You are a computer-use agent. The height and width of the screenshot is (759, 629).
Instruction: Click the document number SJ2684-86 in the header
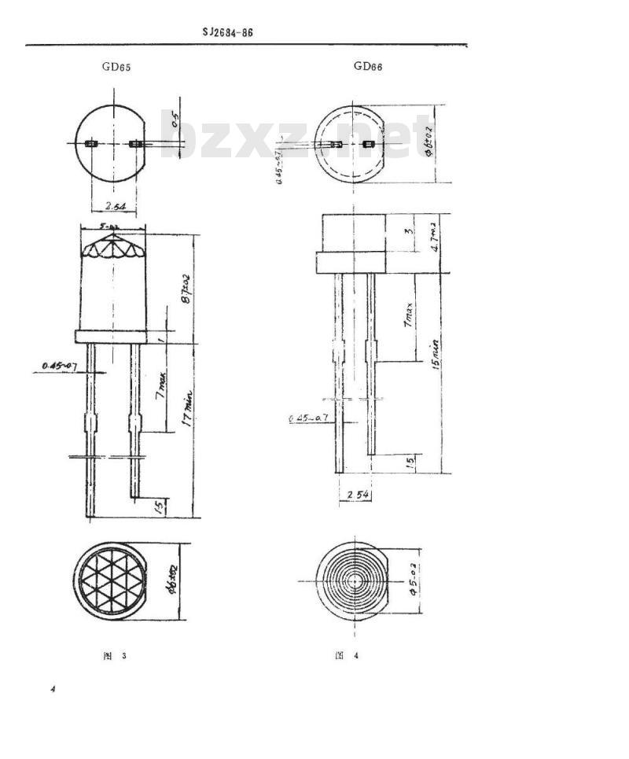click(227, 32)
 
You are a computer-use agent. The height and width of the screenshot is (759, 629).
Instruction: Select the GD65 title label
click(116, 67)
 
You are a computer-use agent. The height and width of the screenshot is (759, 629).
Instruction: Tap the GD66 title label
click(368, 66)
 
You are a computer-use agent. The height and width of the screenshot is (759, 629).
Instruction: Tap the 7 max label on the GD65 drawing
click(160, 387)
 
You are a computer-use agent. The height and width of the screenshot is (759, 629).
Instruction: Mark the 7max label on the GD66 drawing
click(410, 317)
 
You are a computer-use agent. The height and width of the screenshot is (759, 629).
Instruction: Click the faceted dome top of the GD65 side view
click(113, 246)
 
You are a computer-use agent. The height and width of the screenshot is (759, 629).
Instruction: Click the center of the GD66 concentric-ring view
click(355, 581)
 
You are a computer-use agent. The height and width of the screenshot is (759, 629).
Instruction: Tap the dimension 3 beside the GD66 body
click(409, 232)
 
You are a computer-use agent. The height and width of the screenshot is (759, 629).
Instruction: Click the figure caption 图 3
click(114, 656)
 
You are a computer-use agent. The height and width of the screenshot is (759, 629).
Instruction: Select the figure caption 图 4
click(346, 656)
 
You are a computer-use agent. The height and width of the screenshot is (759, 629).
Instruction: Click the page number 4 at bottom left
click(53, 690)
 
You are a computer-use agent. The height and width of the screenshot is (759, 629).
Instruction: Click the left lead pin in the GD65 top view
click(90, 144)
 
